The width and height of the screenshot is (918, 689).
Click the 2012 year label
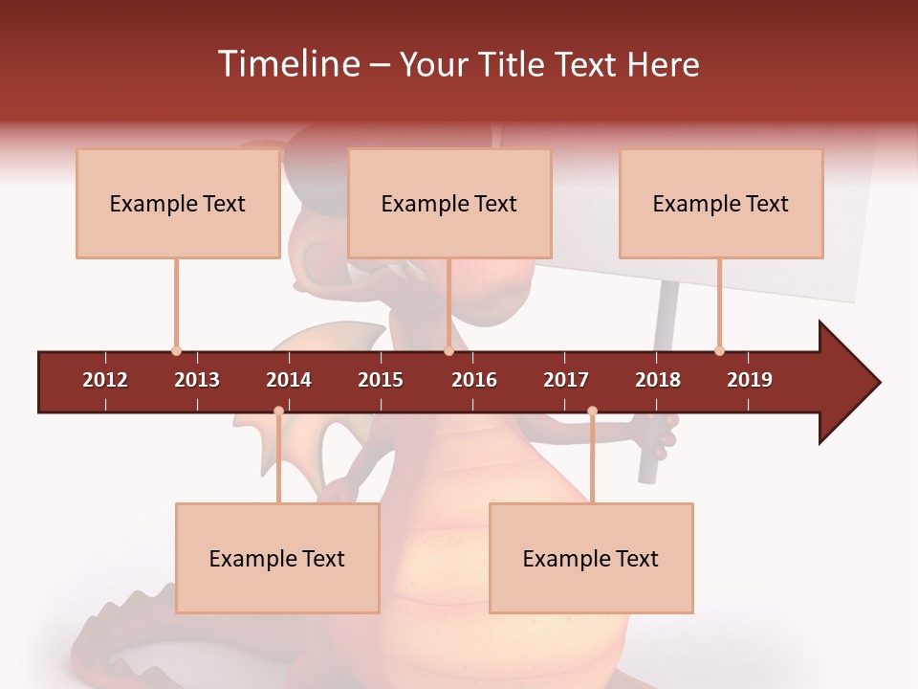105,380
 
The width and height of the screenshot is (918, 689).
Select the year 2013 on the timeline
197,380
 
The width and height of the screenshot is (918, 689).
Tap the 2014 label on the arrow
289,380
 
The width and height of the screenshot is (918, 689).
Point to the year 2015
381,380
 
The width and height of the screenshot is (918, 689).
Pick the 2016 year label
474,380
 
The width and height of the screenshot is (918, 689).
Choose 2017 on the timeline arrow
566,380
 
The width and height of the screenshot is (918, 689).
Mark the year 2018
658,380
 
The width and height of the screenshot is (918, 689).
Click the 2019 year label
750,380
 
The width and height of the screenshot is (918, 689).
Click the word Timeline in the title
287,64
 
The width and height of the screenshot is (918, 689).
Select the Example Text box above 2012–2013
178,203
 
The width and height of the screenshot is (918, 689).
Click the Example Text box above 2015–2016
449,203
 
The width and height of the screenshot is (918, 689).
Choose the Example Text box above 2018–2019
721,203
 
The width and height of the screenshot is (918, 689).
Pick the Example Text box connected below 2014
277,558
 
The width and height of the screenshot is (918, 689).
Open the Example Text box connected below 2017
591,558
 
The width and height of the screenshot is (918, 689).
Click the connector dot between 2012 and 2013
176,351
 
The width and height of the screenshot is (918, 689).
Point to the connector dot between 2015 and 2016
448,351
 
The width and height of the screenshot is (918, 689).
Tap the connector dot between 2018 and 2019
719,351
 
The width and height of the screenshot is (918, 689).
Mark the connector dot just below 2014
278,411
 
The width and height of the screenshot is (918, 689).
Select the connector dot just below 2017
592,411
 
